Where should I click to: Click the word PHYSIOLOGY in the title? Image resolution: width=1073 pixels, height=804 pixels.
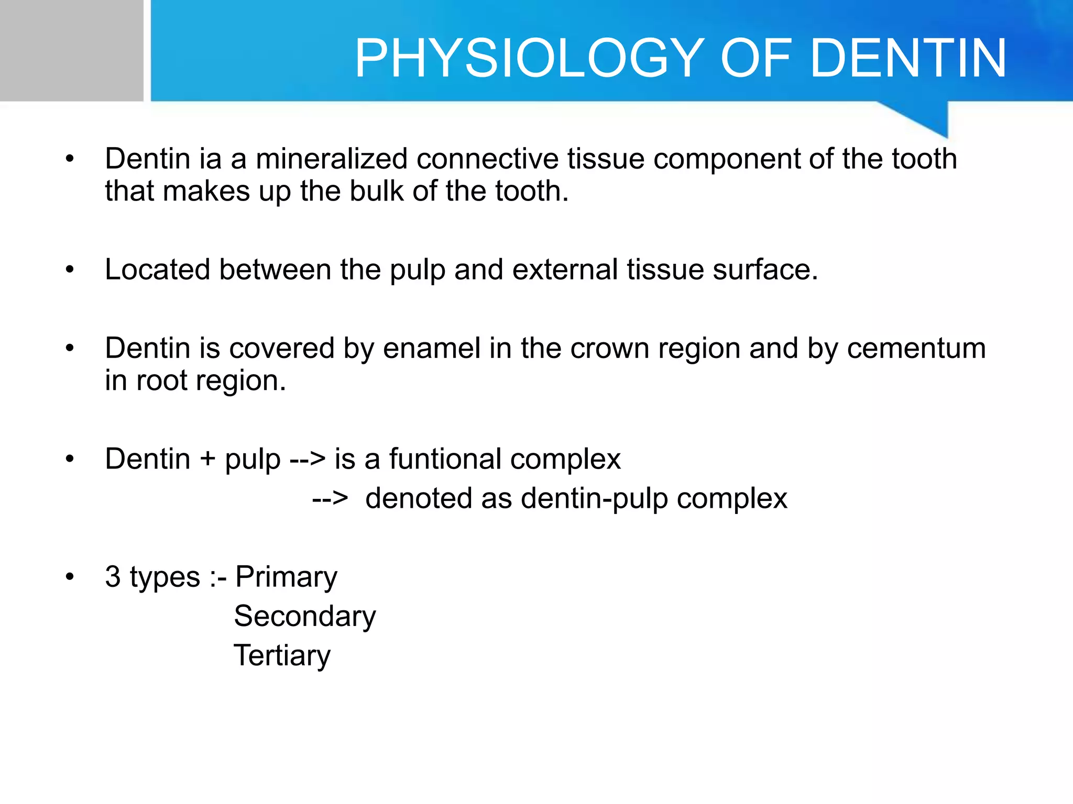point(529,59)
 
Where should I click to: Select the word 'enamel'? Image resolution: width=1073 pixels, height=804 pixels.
point(431,349)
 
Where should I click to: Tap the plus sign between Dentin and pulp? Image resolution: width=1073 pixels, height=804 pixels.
point(207,460)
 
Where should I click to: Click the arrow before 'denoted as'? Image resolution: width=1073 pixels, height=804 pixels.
point(330,498)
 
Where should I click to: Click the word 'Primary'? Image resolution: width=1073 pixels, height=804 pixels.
point(286,577)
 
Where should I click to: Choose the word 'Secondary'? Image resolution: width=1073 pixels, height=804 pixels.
point(305,616)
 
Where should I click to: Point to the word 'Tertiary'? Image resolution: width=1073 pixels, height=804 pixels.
point(282,656)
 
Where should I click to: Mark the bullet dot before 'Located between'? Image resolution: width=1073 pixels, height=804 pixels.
point(70,270)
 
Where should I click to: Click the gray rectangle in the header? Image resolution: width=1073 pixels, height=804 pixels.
point(71,50)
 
